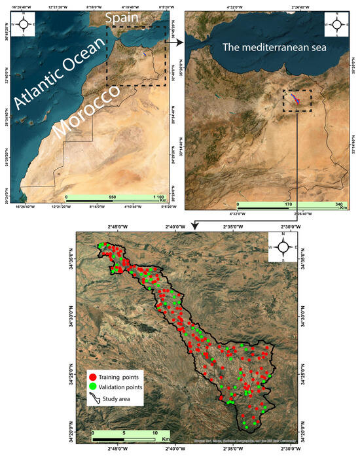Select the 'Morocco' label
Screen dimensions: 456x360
(x=89, y=117)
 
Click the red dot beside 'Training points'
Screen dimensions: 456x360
(x=93, y=378)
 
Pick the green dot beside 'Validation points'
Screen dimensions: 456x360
(x=93, y=387)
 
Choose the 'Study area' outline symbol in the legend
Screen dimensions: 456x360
(x=93, y=398)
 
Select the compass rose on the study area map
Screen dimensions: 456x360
(x=283, y=247)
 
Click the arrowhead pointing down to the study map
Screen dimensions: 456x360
(x=194, y=226)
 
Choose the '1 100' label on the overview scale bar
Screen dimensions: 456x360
(x=155, y=197)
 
